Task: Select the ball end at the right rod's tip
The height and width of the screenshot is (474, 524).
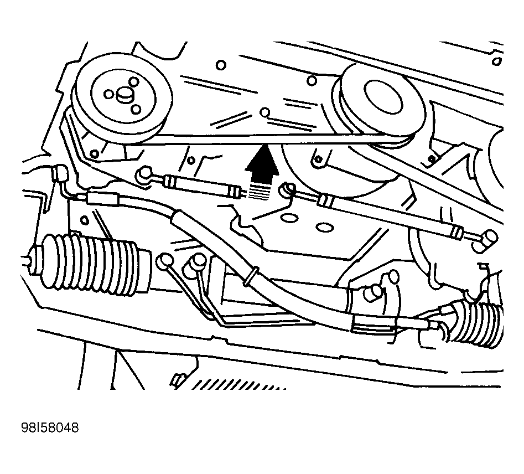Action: tap(490, 239)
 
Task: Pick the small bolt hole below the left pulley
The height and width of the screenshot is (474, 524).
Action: tap(95, 152)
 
